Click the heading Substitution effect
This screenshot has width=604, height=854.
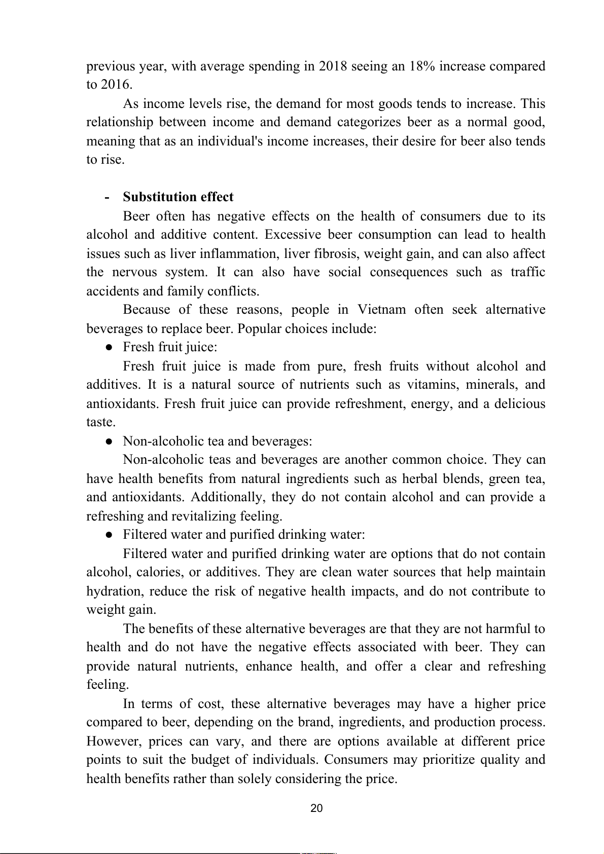click(178, 197)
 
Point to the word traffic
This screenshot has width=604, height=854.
click(528, 272)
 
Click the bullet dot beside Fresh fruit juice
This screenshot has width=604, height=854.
click(109, 348)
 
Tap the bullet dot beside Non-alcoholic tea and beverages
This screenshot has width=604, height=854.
click(109, 441)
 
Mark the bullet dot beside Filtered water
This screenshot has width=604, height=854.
click(109, 535)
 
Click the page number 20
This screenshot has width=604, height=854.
click(316, 808)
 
